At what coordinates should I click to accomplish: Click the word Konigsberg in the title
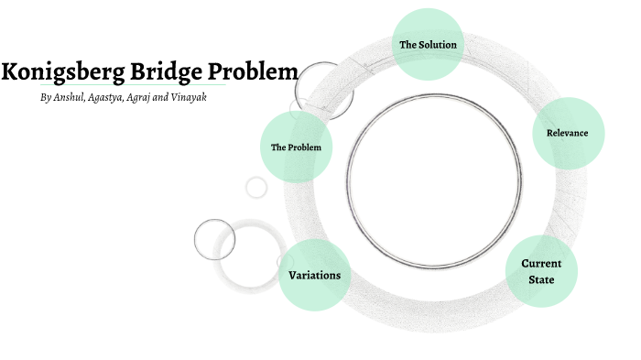coord(61,71)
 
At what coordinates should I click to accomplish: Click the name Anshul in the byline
coord(70,97)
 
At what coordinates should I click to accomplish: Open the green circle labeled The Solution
coord(428,43)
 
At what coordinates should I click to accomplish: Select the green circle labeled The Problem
coord(296,147)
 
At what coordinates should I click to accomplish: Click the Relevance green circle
coord(568,133)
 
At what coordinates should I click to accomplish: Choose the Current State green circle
coord(541,270)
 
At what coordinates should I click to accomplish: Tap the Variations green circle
coord(314,275)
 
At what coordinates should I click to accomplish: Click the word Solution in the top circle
coord(439,44)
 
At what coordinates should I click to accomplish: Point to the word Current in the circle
coord(541,264)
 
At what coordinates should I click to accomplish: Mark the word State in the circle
coord(541,278)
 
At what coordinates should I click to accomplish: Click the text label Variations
coord(314,275)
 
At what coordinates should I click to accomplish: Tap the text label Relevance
coord(568,133)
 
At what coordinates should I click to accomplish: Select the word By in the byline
coord(46,97)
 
